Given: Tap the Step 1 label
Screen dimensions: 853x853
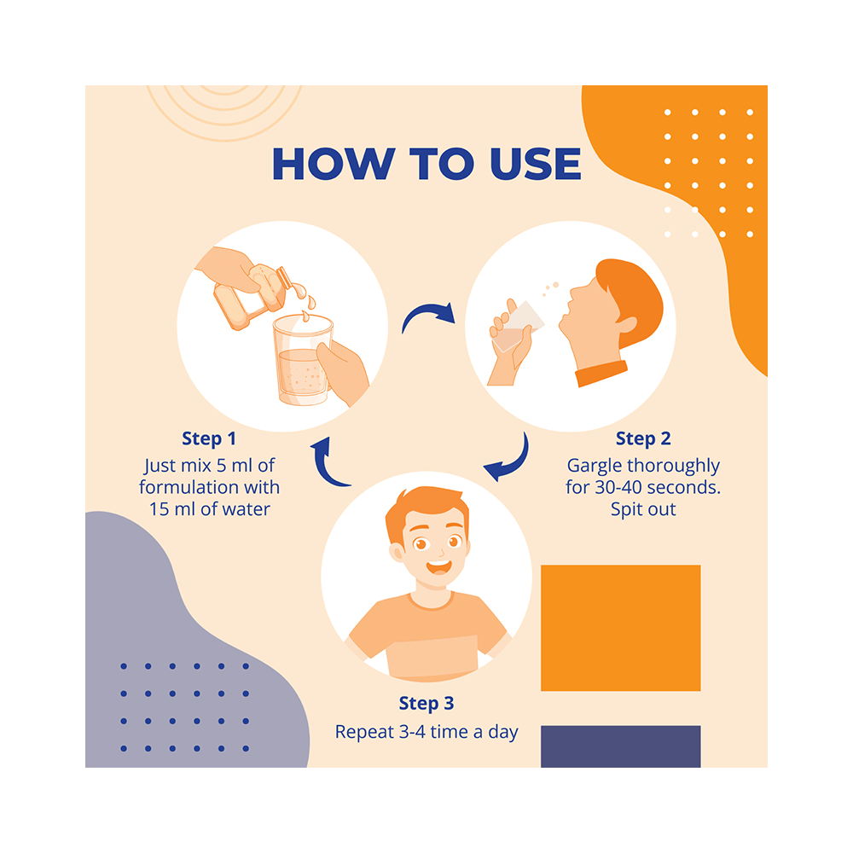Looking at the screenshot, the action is coord(209,438).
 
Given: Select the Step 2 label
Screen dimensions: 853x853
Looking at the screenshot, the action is coord(643,438).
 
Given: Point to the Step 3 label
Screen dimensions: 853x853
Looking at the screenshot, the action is coord(426,704).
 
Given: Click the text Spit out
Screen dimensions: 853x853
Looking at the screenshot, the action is coord(643,510).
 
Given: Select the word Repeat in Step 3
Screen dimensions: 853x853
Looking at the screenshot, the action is coord(364,733).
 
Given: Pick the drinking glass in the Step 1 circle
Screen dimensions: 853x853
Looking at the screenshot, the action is coord(303,359).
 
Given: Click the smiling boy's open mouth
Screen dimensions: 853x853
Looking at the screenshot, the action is coord(438,567).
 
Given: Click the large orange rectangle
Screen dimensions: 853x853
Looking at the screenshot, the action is coord(621,628).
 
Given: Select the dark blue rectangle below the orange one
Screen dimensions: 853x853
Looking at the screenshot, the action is coord(621,746).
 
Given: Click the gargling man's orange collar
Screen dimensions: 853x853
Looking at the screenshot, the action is coord(601,374).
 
